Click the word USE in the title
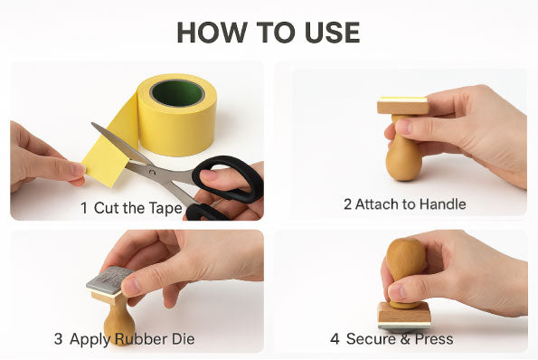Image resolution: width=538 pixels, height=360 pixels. [329, 33]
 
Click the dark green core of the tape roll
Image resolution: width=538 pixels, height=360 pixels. [177, 92]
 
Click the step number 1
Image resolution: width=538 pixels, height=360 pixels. [84, 208]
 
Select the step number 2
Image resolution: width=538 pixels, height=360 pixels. [347, 204]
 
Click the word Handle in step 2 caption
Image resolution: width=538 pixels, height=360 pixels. [442, 204]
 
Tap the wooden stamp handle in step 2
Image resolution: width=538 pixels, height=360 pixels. [403, 154]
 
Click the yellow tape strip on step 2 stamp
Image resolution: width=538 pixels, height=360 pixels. [403, 99]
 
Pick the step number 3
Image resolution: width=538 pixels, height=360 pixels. [58, 339]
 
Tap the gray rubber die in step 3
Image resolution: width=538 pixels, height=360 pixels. [109, 279]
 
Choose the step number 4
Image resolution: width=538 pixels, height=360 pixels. [335, 339]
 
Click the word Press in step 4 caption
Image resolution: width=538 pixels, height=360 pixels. [434, 339]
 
